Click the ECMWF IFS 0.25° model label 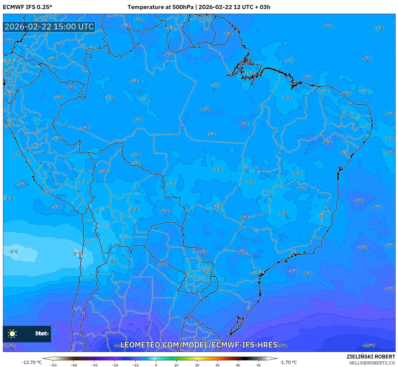pyautogui.click(x=27, y=7)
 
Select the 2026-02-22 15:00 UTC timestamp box pyautogui.click(x=49, y=27)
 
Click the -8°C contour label pyautogui.click(x=358, y=201)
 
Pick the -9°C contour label pyautogui.click(x=389, y=288)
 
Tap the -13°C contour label pyautogui.click(x=369, y=345)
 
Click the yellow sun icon pyautogui.click(x=12, y=334)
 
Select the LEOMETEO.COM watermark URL pyautogui.click(x=199, y=345)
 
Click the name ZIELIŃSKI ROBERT pyautogui.click(x=371, y=357)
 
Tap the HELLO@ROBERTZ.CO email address pyautogui.click(x=372, y=363)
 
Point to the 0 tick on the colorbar pyautogui.click(x=156, y=365)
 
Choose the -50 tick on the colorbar pyautogui.click(x=53, y=365)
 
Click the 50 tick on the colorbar pyautogui.click(x=259, y=365)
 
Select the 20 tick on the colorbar pyautogui.click(x=197, y=365)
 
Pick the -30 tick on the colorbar pyautogui.click(x=94, y=365)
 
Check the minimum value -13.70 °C pyautogui.click(x=32, y=362)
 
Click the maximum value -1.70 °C pyautogui.click(x=288, y=362)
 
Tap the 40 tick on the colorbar pyautogui.click(x=238, y=365)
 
